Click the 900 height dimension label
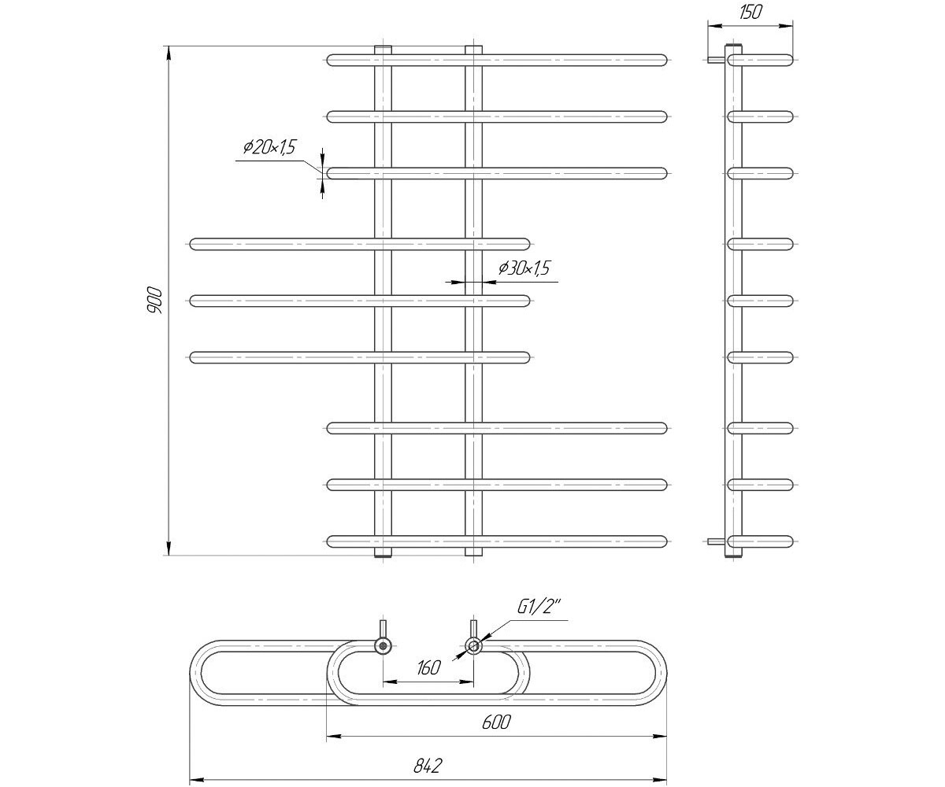(154, 301)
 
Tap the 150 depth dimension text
(750, 13)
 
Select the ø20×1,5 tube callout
(269, 147)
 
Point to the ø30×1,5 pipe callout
(524, 268)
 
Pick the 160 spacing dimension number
(428, 667)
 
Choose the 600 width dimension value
(496, 722)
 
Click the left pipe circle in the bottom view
(384, 646)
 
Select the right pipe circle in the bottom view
(473, 646)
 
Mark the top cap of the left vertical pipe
(384, 50)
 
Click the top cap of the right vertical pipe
(473, 50)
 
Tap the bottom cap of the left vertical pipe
(384, 552)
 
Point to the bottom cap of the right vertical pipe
(473, 552)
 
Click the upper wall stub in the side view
(717, 60)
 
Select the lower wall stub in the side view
(717, 541)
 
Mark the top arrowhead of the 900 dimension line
(169, 53)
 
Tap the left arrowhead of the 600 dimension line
(334, 737)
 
